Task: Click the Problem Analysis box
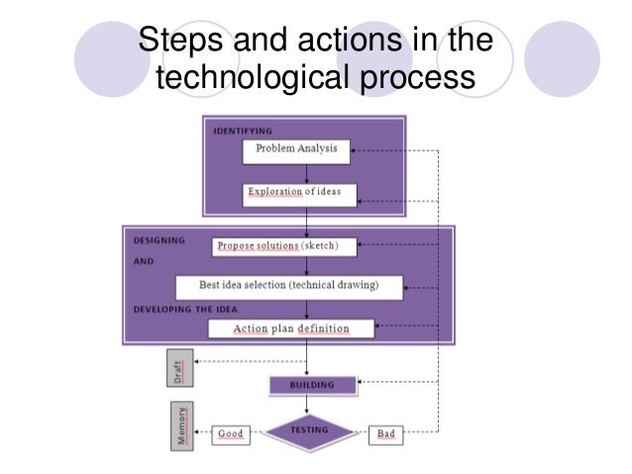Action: click(x=296, y=150)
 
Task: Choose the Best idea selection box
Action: click(x=288, y=286)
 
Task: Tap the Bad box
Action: click(x=384, y=433)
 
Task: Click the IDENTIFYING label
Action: click(x=243, y=130)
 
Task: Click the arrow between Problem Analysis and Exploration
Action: click(x=306, y=172)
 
